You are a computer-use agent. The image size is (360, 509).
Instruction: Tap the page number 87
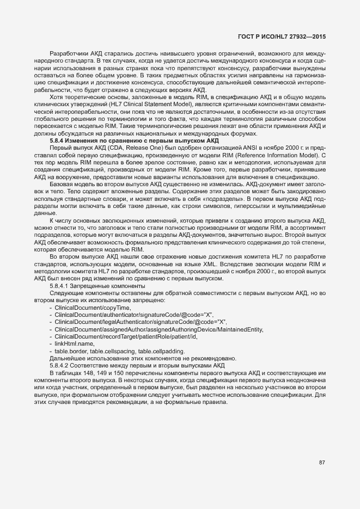click(322, 463)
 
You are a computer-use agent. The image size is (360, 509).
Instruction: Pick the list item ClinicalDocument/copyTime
click(85, 308)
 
